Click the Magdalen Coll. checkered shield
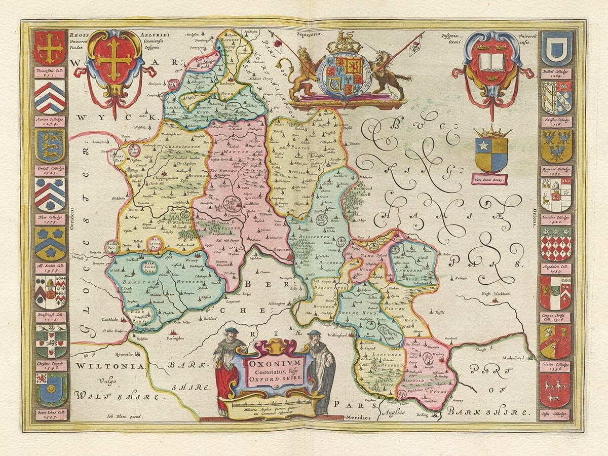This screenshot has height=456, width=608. tap(556, 244)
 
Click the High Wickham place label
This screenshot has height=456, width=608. tap(495, 292)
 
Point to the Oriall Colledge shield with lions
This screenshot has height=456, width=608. tap(50, 146)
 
